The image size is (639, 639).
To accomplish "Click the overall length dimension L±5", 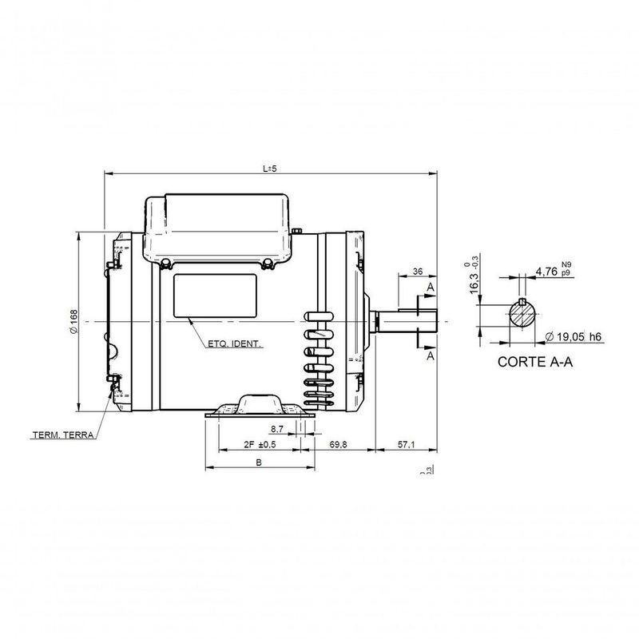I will point(269,168).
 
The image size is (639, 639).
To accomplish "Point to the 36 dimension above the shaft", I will point(417,272).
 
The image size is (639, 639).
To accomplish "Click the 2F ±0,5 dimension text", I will point(258,445).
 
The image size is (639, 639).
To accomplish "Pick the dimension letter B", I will point(258,462).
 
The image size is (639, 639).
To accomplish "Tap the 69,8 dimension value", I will point(338,445).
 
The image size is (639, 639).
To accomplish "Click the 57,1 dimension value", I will point(407,445).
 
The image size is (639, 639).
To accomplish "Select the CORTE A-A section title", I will point(534,361).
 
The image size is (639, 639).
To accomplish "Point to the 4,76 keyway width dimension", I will point(546,272).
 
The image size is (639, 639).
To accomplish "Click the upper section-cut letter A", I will point(431,286).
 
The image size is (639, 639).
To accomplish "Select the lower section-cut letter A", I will point(431,356).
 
